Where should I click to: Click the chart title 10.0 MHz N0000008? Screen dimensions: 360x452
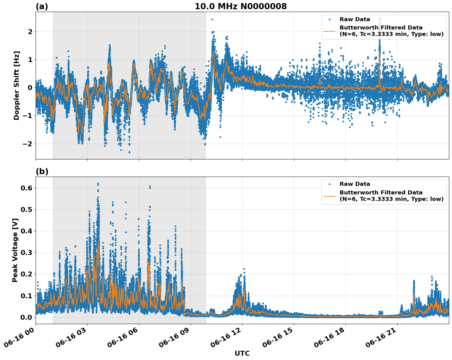click(241, 6)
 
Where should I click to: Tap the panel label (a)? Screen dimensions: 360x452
click(42, 6)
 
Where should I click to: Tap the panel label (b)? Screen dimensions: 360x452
click(42, 171)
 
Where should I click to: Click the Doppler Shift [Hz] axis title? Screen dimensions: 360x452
click(17, 85)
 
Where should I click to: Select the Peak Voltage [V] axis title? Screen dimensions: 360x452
click(15, 250)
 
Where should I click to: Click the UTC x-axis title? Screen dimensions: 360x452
click(242, 353)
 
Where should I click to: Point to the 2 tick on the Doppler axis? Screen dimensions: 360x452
click(30, 32)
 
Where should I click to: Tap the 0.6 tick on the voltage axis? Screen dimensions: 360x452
click(26, 188)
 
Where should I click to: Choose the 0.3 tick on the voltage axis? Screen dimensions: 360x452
click(26, 252)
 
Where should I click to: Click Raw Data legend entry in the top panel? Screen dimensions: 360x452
click(355, 19)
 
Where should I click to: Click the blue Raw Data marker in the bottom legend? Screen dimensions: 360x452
click(329, 184)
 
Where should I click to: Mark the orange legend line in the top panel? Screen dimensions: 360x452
click(329, 31)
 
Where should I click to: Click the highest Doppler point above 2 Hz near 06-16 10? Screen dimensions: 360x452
click(212, 19)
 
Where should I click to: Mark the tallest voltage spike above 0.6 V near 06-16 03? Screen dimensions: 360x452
click(98, 184)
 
